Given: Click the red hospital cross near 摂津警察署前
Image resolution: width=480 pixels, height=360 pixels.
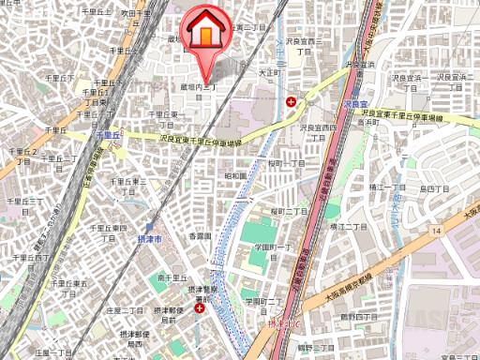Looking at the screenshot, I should (x=198, y=307).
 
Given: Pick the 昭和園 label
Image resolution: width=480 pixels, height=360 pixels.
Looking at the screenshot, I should (x=235, y=175).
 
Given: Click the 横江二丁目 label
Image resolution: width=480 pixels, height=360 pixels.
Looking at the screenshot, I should (x=339, y=227).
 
